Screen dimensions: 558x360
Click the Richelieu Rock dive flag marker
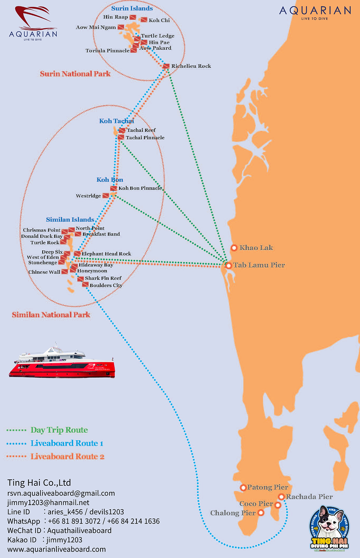(x=166, y=66)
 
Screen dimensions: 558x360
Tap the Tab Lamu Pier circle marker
(x=228, y=265)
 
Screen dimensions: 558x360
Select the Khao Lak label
(x=256, y=248)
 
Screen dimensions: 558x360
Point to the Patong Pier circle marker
(x=243, y=487)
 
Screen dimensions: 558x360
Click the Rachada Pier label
(x=309, y=497)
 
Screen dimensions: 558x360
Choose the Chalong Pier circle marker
(x=261, y=512)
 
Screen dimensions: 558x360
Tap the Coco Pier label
(x=256, y=504)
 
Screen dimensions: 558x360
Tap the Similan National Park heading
(x=51, y=315)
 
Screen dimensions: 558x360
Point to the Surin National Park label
(x=75, y=74)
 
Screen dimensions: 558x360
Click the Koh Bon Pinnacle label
(x=140, y=188)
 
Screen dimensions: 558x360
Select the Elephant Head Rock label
(x=106, y=254)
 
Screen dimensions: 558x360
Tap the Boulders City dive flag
(x=85, y=285)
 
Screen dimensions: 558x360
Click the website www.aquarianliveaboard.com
(x=56, y=549)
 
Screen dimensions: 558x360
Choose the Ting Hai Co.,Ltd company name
(x=39, y=483)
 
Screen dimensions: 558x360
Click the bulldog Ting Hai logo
(x=329, y=529)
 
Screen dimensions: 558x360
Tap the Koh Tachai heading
(x=117, y=121)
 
